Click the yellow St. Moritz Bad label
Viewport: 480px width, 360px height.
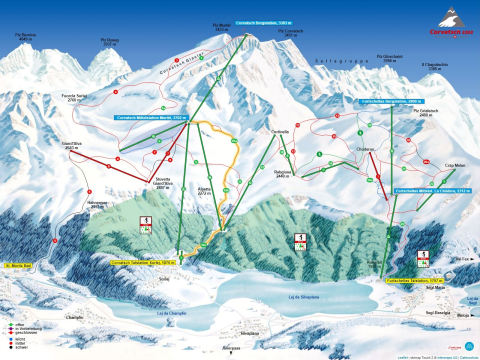point(20,266)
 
